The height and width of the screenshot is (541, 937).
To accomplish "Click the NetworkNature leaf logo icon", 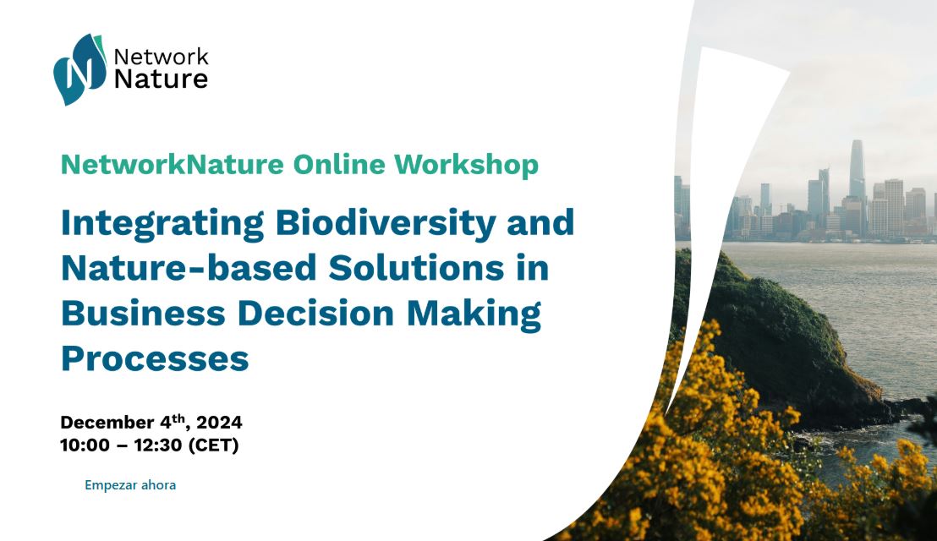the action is (x=79, y=69).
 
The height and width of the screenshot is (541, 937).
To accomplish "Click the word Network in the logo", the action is (x=161, y=57).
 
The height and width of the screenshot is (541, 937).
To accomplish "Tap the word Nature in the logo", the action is (x=161, y=79).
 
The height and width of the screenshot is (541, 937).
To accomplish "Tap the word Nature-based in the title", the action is (x=189, y=267).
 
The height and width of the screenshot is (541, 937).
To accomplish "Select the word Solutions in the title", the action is (x=416, y=267).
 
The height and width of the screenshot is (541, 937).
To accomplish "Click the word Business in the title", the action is (x=144, y=313).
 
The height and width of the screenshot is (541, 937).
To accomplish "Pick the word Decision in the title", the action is (x=315, y=313).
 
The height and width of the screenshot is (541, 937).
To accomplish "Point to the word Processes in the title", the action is (x=155, y=358).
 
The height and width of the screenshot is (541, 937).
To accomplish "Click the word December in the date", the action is (x=107, y=422).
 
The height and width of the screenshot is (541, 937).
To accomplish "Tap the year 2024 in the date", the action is (x=219, y=422).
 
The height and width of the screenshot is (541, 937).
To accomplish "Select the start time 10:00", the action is (x=85, y=445).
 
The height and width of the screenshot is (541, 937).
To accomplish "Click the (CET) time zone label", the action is (x=213, y=445).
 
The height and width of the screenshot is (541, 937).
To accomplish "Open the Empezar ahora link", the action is (x=130, y=485).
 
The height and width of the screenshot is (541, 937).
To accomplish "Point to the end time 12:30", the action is (x=158, y=445).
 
